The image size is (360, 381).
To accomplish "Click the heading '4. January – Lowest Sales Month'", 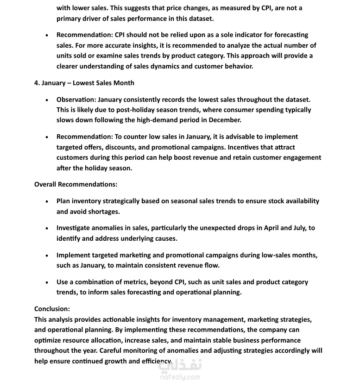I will pos(84,83).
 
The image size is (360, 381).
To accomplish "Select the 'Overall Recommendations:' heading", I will pos(76,184).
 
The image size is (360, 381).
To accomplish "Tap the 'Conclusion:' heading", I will pos(52,309).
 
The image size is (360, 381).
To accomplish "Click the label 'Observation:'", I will pos(76,100).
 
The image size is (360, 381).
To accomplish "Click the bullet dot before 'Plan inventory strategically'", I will pos(47,201).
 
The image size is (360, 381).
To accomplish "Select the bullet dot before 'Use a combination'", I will pos(47,282).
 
